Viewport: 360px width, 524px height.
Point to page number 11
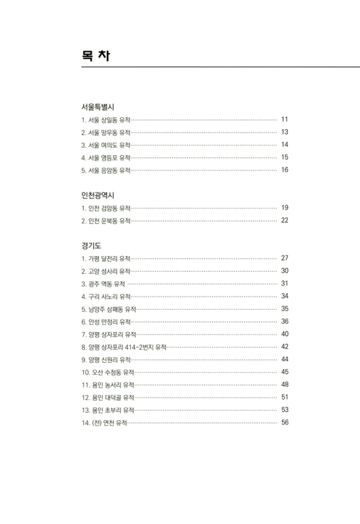[285, 120]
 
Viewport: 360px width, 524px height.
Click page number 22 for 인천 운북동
[285, 220]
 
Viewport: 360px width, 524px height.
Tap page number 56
[285, 422]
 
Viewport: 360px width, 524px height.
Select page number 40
[285, 334]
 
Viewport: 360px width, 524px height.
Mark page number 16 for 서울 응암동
[285, 170]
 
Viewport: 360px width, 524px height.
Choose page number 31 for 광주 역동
[285, 284]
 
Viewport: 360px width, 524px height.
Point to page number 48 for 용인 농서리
[285, 384]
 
